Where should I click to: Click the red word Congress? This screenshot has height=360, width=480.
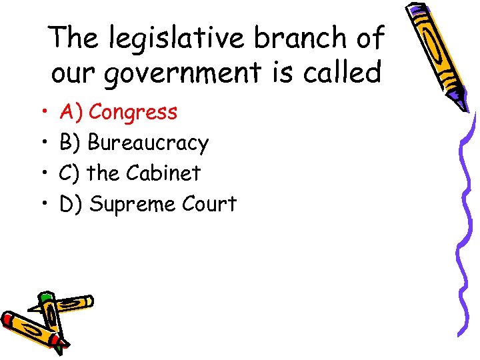click(133, 113)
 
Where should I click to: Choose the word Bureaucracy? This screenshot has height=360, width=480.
click(148, 143)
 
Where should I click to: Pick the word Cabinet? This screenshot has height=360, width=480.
click(163, 173)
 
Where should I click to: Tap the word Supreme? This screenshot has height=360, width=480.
click(126, 204)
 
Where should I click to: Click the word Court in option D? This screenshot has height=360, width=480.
click(208, 203)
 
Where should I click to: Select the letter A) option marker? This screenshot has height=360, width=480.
click(71, 113)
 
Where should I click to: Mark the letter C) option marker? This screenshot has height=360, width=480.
click(70, 173)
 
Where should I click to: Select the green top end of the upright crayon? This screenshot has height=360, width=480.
click(45, 297)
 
